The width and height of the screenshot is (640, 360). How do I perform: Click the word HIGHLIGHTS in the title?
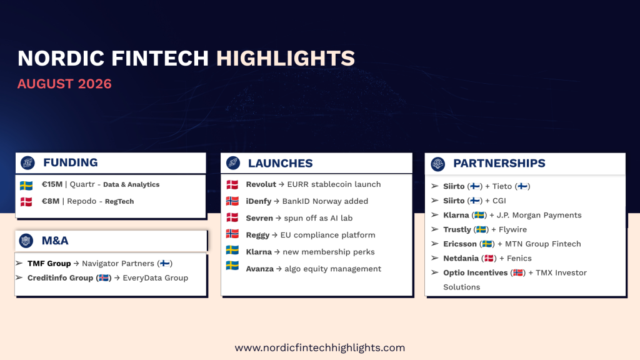(x=285, y=58)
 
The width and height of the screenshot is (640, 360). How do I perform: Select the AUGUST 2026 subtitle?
(x=64, y=84)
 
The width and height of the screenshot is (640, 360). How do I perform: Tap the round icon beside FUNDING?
(x=27, y=163)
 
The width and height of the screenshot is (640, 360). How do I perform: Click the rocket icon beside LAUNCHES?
(x=233, y=163)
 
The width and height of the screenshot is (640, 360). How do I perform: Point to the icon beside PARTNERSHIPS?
(x=438, y=164)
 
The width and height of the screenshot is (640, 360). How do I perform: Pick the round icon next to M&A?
(x=26, y=241)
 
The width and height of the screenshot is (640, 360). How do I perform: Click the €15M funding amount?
(x=52, y=184)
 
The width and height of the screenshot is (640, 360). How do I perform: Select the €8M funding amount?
(x=51, y=201)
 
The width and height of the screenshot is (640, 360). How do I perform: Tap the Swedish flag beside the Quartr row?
(x=26, y=186)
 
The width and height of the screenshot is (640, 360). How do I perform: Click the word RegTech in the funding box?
(x=119, y=202)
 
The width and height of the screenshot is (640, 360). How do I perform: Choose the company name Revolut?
(x=261, y=184)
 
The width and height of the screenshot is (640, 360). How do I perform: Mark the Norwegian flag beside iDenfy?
(x=232, y=201)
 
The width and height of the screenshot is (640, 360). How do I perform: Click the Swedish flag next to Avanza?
(x=232, y=266)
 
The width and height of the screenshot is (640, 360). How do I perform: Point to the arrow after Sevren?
(x=278, y=218)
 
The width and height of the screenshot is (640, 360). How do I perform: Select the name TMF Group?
(x=49, y=263)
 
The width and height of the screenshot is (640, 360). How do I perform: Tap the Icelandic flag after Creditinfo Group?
(x=104, y=278)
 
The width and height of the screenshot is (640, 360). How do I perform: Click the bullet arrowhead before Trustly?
(x=435, y=229)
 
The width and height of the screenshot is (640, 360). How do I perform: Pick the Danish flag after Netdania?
(x=489, y=258)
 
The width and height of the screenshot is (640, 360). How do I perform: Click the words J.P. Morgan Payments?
(x=539, y=215)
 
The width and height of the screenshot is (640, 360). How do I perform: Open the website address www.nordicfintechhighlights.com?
(x=319, y=347)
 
